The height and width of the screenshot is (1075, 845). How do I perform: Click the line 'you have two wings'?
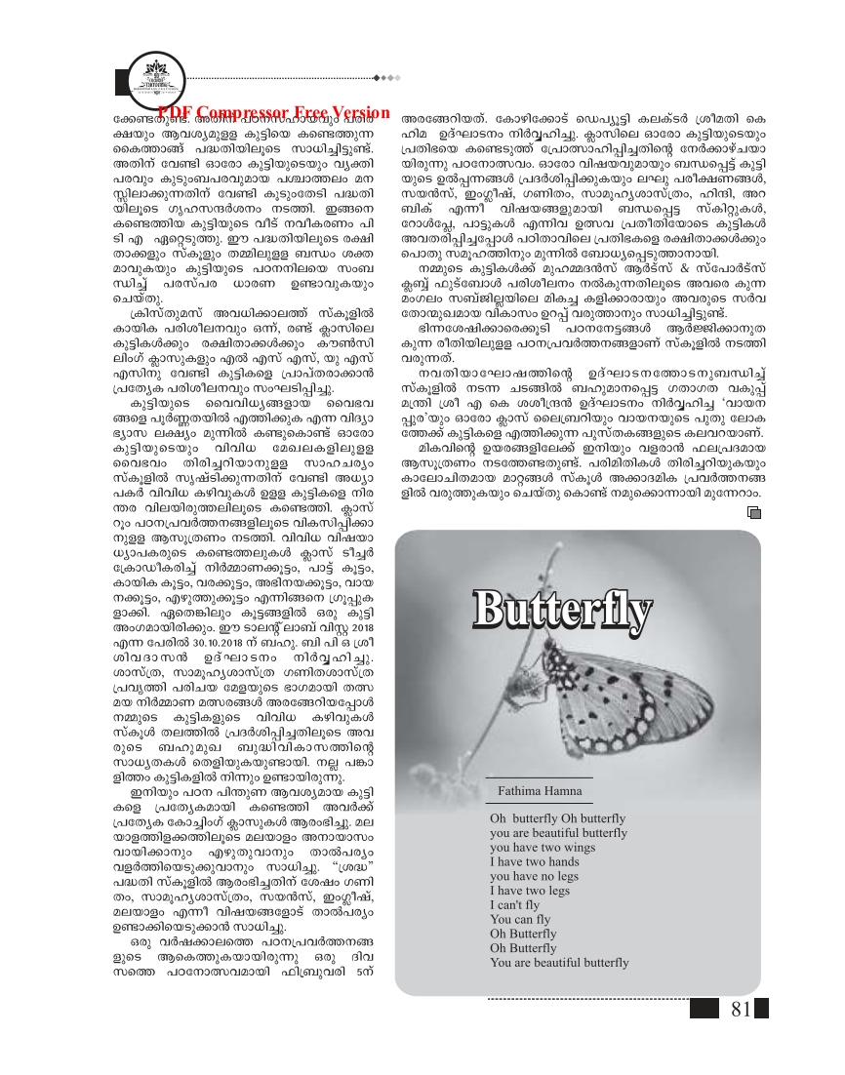point(542,848)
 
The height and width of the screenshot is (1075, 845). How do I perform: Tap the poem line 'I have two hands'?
point(536,862)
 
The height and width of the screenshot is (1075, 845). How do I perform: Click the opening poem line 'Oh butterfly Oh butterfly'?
point(557,818)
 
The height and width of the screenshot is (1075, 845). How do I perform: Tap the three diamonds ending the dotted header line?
point(388,76)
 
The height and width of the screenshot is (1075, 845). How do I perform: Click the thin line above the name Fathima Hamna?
point(540,776)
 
